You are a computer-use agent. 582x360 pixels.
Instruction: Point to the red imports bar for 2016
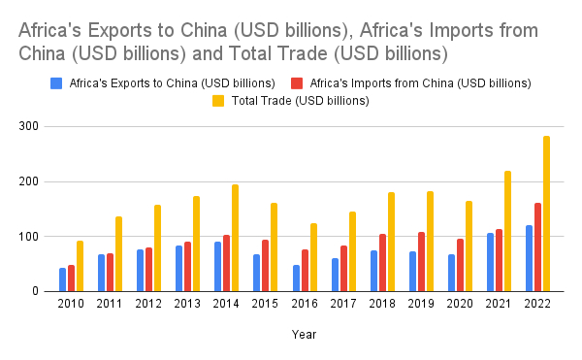coord(305,270)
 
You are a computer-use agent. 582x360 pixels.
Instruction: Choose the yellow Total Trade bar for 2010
coord(80,266)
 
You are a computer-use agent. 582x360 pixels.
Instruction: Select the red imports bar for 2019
coord(421,261)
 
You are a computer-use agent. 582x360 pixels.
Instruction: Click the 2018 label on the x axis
coord(382,305)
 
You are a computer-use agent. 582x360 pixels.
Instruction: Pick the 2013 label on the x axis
coord(187,305)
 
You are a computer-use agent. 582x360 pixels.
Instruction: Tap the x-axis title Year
coord(303,334)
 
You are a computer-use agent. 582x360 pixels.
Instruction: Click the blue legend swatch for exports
coord(57,82)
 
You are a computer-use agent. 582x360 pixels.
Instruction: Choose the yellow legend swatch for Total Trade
coord(218,99)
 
